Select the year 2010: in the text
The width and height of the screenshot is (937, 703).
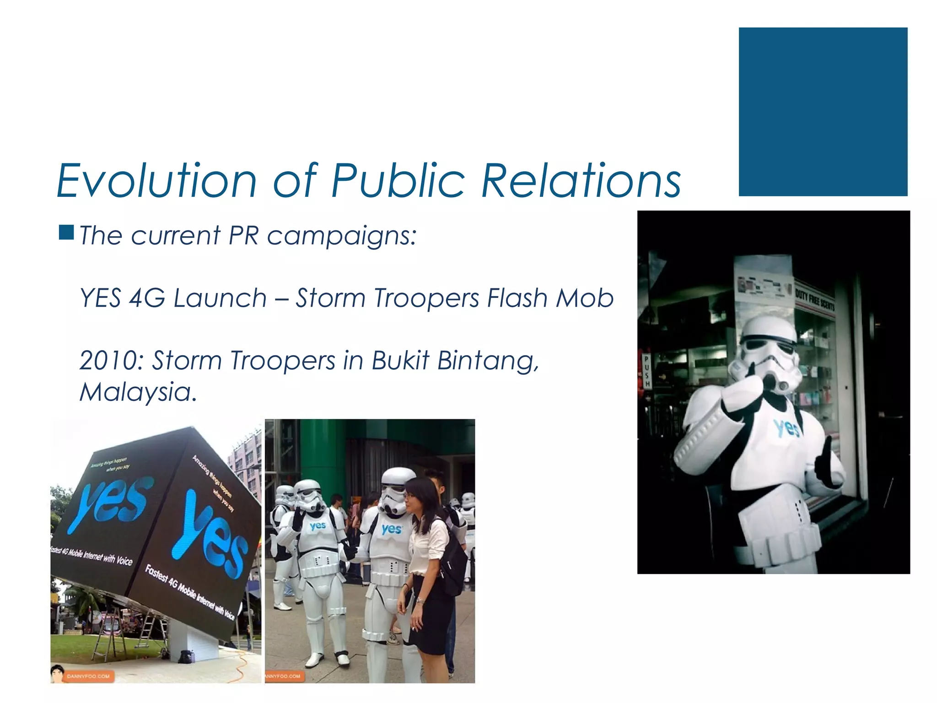(x=112, y=360)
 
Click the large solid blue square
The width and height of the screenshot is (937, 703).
(x=823, y=112)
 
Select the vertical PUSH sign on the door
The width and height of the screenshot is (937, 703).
(x=647, y=371)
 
